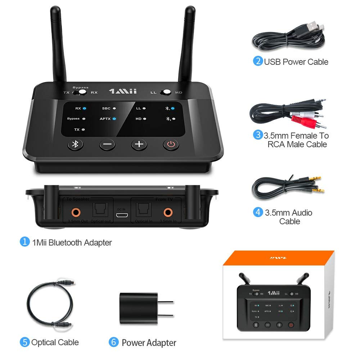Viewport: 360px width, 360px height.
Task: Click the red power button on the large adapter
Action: click(171, 145)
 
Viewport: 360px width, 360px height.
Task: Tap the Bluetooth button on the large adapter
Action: click(75, 144)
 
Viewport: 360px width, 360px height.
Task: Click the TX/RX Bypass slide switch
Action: click(80, 92)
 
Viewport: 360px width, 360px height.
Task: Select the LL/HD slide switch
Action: click(165, 92)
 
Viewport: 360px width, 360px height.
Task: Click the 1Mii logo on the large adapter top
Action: click(122, 91)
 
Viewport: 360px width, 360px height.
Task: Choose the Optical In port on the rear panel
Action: click(144, 209)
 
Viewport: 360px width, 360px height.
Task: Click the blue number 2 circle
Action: click(258, 61)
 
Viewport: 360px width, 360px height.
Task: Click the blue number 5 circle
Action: click(24, 342)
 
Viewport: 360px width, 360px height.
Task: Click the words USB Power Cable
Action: click(296, 62)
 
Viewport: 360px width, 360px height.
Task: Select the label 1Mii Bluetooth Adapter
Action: click(72, 242)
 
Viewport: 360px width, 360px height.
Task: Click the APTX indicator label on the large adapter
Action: click(105, 118)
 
